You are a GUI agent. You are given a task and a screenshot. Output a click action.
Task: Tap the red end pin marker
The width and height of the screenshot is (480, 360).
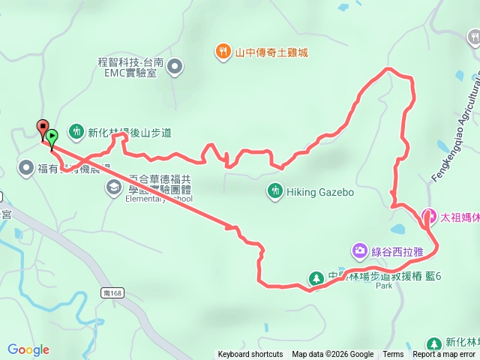[x=43, y=128]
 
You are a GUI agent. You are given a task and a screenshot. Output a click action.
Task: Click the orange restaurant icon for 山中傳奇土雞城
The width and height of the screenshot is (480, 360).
[x=223, y=52]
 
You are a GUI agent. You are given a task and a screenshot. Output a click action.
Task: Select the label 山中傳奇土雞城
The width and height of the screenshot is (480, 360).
[x=271, y=52]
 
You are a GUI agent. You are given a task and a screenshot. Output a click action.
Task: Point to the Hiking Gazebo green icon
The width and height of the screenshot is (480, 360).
[x=275, y=191]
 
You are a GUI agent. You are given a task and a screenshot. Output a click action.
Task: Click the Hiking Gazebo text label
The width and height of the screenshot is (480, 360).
[x=320, y=192]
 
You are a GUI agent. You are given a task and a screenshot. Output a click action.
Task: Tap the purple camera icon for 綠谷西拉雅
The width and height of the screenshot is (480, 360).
[x=360, y=249]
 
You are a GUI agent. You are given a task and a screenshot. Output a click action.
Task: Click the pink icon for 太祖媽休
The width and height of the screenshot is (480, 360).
[x=430, y=216]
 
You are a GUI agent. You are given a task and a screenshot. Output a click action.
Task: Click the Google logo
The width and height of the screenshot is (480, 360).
[x=28, y=349]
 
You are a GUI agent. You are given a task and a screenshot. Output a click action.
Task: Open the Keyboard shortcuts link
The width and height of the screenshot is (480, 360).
[x=250, y=355]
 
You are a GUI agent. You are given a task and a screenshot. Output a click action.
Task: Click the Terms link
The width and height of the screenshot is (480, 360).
[x=393, y=355]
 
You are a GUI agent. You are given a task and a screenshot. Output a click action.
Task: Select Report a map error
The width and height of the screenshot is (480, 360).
[x=444, y=355]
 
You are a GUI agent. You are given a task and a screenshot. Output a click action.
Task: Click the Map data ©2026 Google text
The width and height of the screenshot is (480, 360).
[x=332, y=355]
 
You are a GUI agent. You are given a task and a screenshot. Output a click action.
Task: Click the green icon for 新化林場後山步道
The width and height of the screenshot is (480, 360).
[x=76, y=133]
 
